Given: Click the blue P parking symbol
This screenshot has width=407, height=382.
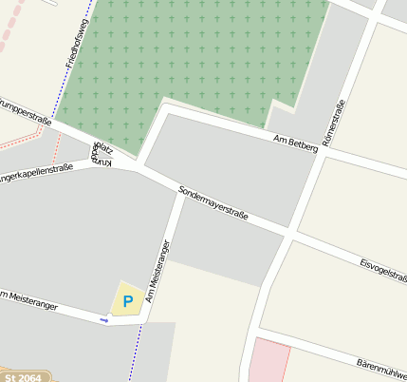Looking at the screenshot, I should tap(127, 301).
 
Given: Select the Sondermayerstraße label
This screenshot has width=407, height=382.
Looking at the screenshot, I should tap(213, 203).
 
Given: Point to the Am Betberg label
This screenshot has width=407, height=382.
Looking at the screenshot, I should tap(294, 143).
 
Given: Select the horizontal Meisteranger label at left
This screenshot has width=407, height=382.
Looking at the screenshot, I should tap(28, 299).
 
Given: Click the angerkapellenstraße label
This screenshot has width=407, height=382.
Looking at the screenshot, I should tap(36, 173).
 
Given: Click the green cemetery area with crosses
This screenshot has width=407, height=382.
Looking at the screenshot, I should tap(209, 57).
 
